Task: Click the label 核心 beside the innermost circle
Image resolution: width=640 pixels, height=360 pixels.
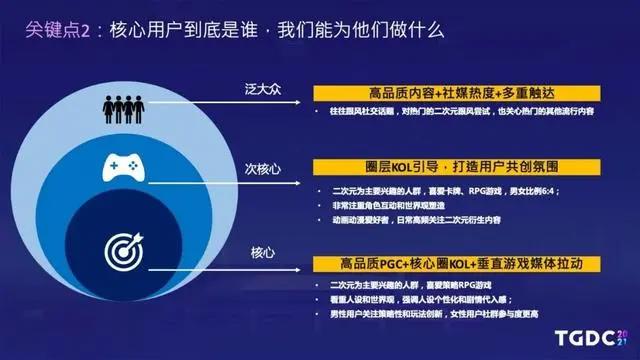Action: click(256, 244)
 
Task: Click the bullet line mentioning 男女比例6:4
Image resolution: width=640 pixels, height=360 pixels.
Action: click(434, 188)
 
